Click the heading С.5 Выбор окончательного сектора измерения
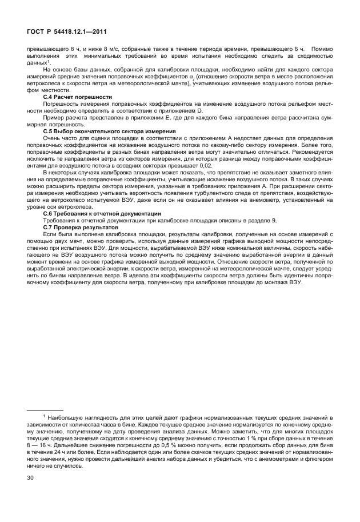pyautogui.click(x=109, y=132)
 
